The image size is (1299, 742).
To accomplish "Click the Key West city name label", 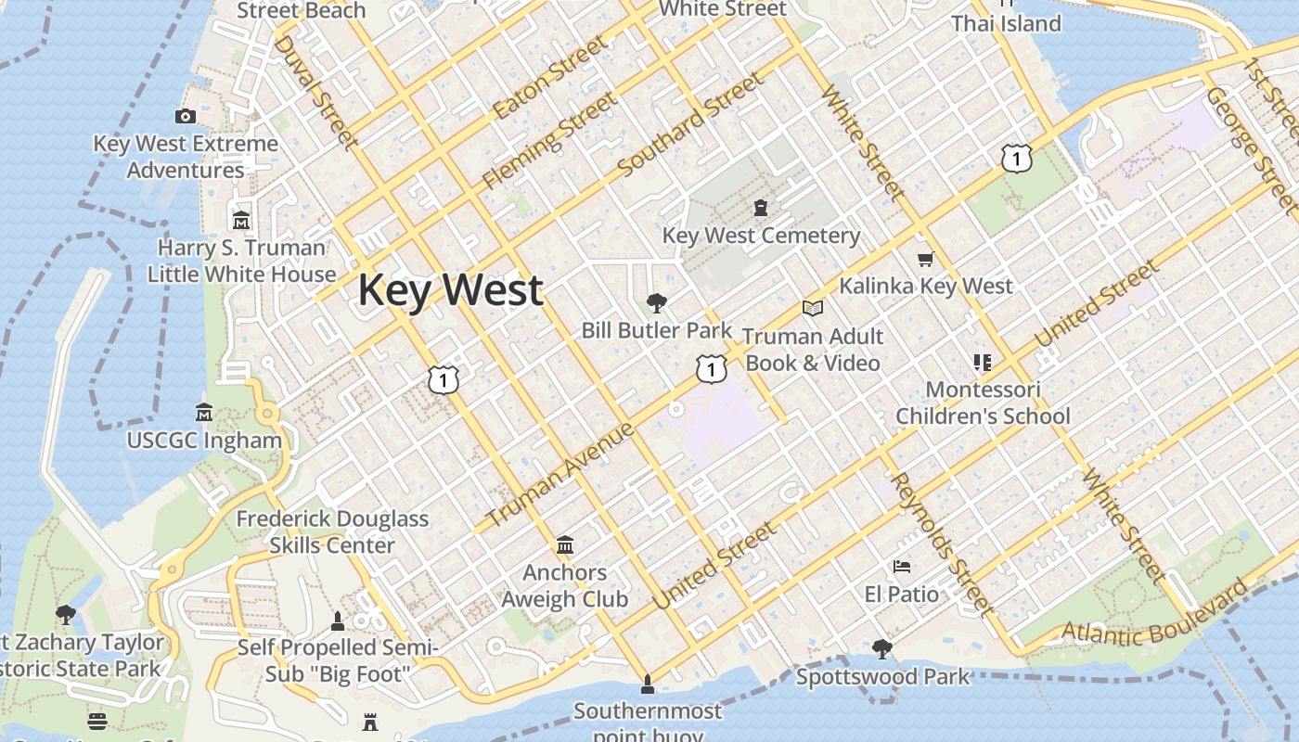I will point(450,290).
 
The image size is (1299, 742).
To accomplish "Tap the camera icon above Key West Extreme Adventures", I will point(186,116).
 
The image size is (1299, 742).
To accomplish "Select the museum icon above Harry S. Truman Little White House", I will point(241,220).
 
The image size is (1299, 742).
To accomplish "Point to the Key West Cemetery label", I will point(761,236).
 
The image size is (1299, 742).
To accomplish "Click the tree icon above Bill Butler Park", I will point(657,301).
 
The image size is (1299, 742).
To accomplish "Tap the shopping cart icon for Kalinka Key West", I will point(924,259).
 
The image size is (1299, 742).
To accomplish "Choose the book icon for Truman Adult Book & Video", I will point(813,308).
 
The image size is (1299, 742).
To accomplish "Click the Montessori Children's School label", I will point(983,403).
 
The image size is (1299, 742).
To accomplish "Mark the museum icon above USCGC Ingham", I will point(204,411).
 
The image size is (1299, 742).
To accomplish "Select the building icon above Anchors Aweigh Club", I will point(565,544).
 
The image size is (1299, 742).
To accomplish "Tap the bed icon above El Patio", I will point(901,566).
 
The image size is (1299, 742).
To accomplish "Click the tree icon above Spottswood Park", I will point(882,648).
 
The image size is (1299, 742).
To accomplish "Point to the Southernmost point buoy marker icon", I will point(648,685).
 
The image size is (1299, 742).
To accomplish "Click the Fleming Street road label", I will point(548,140).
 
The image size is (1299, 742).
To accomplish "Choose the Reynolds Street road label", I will point(941,543).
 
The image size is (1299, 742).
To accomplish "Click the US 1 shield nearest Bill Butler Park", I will point(711,369).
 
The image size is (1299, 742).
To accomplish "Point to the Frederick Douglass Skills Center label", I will point(332,531).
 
